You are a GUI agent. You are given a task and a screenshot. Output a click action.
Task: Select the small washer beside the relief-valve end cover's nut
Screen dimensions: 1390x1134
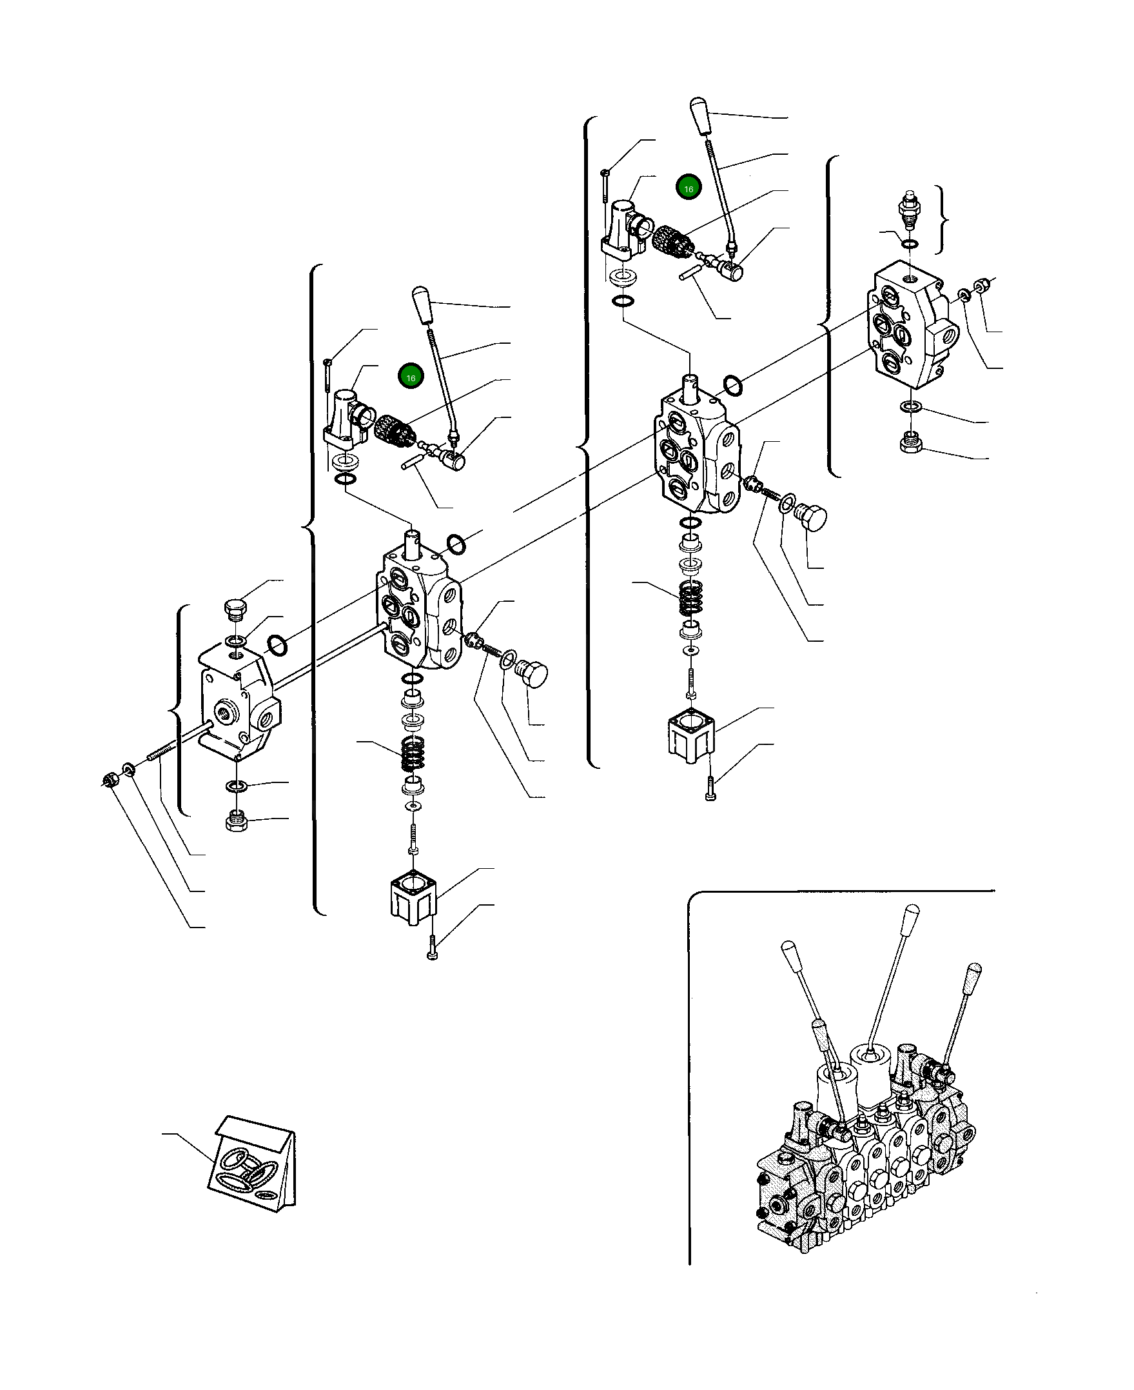pos(965,295)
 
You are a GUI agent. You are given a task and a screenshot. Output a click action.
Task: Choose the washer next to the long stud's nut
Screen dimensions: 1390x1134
pos(129,768)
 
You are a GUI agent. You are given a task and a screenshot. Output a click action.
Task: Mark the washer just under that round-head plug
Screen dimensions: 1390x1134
pos(237,639)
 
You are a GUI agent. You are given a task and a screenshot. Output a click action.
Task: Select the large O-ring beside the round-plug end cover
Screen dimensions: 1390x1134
pos(279,645)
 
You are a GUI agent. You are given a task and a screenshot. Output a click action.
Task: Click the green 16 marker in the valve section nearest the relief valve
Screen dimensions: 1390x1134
pos(688,188)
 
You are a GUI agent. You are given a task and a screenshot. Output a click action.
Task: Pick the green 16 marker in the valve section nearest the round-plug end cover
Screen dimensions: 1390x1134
pos(411,377)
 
